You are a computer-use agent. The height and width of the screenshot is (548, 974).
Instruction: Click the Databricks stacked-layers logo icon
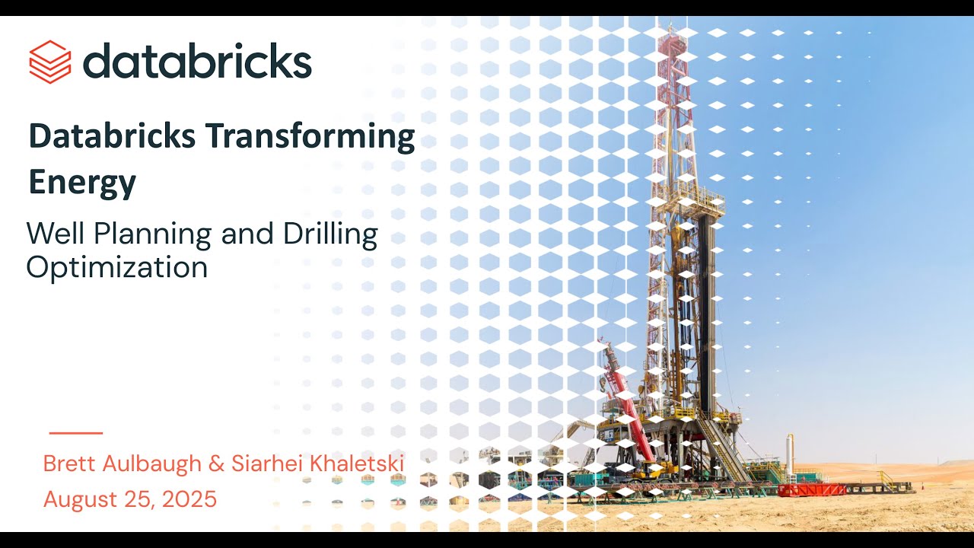coord(50,62)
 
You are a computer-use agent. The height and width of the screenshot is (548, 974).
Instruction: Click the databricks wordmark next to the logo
coord(197,61)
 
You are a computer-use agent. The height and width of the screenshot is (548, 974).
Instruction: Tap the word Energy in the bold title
coord(82,183)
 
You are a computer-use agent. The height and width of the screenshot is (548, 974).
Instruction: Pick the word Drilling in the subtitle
coord(330,235)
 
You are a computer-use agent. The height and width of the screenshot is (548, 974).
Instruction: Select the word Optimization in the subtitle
coord(117,267)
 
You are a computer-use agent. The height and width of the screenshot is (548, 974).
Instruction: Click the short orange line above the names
coord(76,433)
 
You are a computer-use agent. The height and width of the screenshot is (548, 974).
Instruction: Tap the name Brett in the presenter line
coord(68,463)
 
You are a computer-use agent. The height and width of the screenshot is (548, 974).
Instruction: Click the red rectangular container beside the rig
coord(811,489)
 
